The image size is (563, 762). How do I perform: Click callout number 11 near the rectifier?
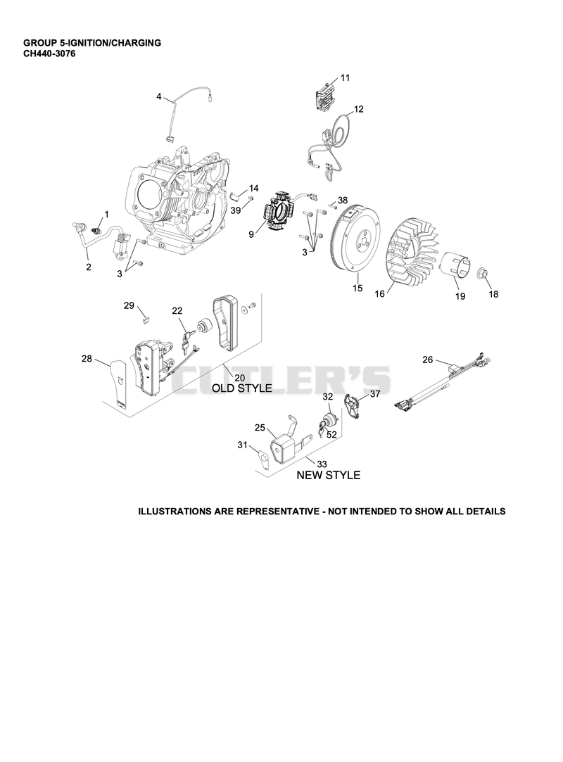tap(345, 78)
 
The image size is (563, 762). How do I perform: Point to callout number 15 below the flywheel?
tap(358, 288)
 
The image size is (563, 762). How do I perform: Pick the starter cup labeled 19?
tap(455, 265)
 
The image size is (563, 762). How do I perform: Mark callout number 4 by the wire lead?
tap(159, 96)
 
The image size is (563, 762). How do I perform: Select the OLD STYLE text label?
tap(241, 388)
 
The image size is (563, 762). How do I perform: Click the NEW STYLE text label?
tap(329, 475)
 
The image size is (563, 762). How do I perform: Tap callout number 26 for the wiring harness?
tap(427, 360)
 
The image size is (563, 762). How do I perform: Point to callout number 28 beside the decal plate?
tap(87, 359)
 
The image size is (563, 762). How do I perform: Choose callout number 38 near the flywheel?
tap(343, 201)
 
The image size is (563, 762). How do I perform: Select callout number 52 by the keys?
tap(331, 434)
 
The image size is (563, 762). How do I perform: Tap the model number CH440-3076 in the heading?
tap(49, 53)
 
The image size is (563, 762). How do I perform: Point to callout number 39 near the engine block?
tap(236, 210)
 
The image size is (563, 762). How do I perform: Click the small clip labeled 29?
tap(146, 319)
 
